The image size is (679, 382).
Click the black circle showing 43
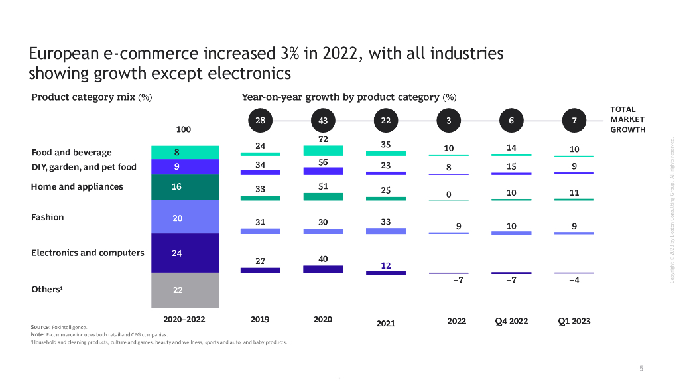pyautogui.click(x=323, y=121)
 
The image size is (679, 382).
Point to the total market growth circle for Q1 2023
pyautogui.click(x=574, y=121)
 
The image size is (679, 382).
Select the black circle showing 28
pyautogui.click(x=260, y=121)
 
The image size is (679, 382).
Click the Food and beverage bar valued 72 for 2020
pyautogui.click(x=323, y=151)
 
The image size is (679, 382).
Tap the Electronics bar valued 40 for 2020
pyautogui.click(x=323, y=269)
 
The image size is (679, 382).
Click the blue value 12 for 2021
pyautogui.click(x=386, y=265)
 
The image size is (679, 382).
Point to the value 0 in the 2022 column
pyautogui.click(x=448, y=194)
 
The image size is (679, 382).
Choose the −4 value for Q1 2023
pyautogui.click(x=574, y=280)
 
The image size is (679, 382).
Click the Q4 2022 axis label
pyautogui.click(x=511, y=322)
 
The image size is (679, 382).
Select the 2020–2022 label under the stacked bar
pyautogui.click(x=185, y=320)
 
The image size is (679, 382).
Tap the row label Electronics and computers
pyautogui.click(x=88, y=253)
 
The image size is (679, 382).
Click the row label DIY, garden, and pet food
pyautogui.click(x=84, y=167)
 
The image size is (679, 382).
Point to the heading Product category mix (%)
pyautogui.click(x=92, y=97)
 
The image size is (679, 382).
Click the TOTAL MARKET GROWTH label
pyautogui.click(x=627, y=119)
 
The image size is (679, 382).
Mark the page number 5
pyautogui.click(x=641, y=368)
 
